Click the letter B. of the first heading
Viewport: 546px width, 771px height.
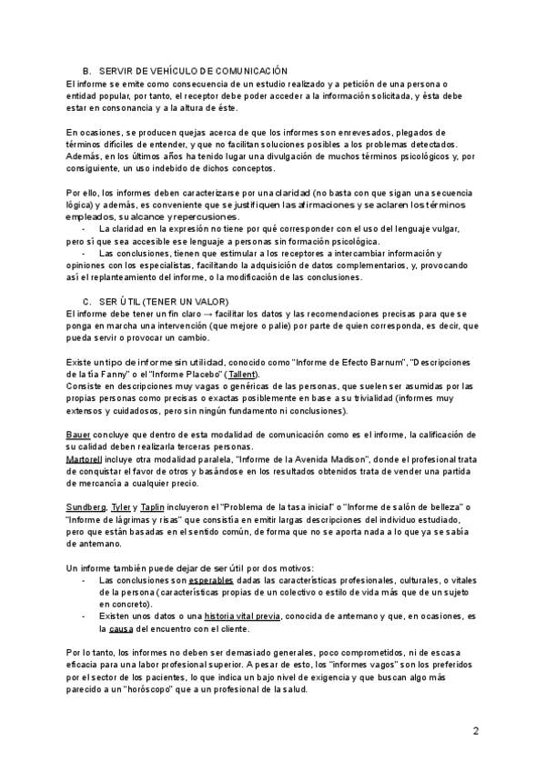coord(86,72)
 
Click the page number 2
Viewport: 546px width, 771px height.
coord(476,730)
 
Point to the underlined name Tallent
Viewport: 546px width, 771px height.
coord(242,375)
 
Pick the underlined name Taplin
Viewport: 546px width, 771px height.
coord(152,506)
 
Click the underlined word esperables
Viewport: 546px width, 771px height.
coord(211,579)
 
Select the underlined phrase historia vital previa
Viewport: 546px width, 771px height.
coord(243,617)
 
